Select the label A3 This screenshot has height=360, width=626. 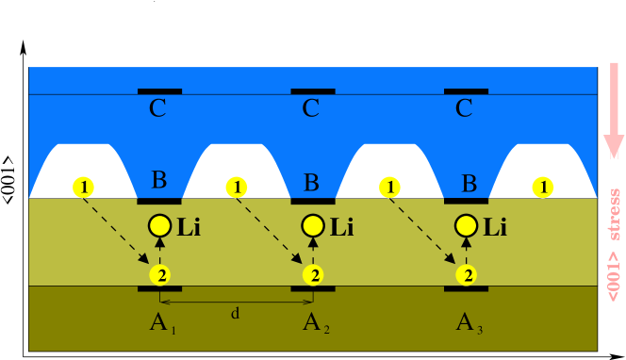(x=469, y=323)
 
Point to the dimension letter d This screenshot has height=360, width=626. (x=235, y=313)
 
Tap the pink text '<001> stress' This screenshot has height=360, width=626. (x=614, y=245)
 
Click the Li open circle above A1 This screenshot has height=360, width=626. (x=159, y=226)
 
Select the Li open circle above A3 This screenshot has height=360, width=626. (x=465, y=226)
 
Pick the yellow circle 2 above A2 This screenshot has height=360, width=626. (x=314, y=275)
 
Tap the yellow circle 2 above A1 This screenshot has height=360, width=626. (x=161, y=275)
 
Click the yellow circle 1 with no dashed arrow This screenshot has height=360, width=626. (x=542, y=187)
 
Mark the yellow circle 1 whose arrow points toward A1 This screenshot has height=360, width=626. (x=84, y=187)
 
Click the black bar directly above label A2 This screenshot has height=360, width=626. (x=313, y=288)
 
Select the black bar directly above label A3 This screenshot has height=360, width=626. (x=466, y=288)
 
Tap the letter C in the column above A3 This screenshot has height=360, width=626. (x=464, y=108)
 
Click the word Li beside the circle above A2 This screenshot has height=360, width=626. (x=341, y=227)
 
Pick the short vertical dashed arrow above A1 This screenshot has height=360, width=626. (x=160, y=251)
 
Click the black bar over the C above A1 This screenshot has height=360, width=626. (x=159, y=91)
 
